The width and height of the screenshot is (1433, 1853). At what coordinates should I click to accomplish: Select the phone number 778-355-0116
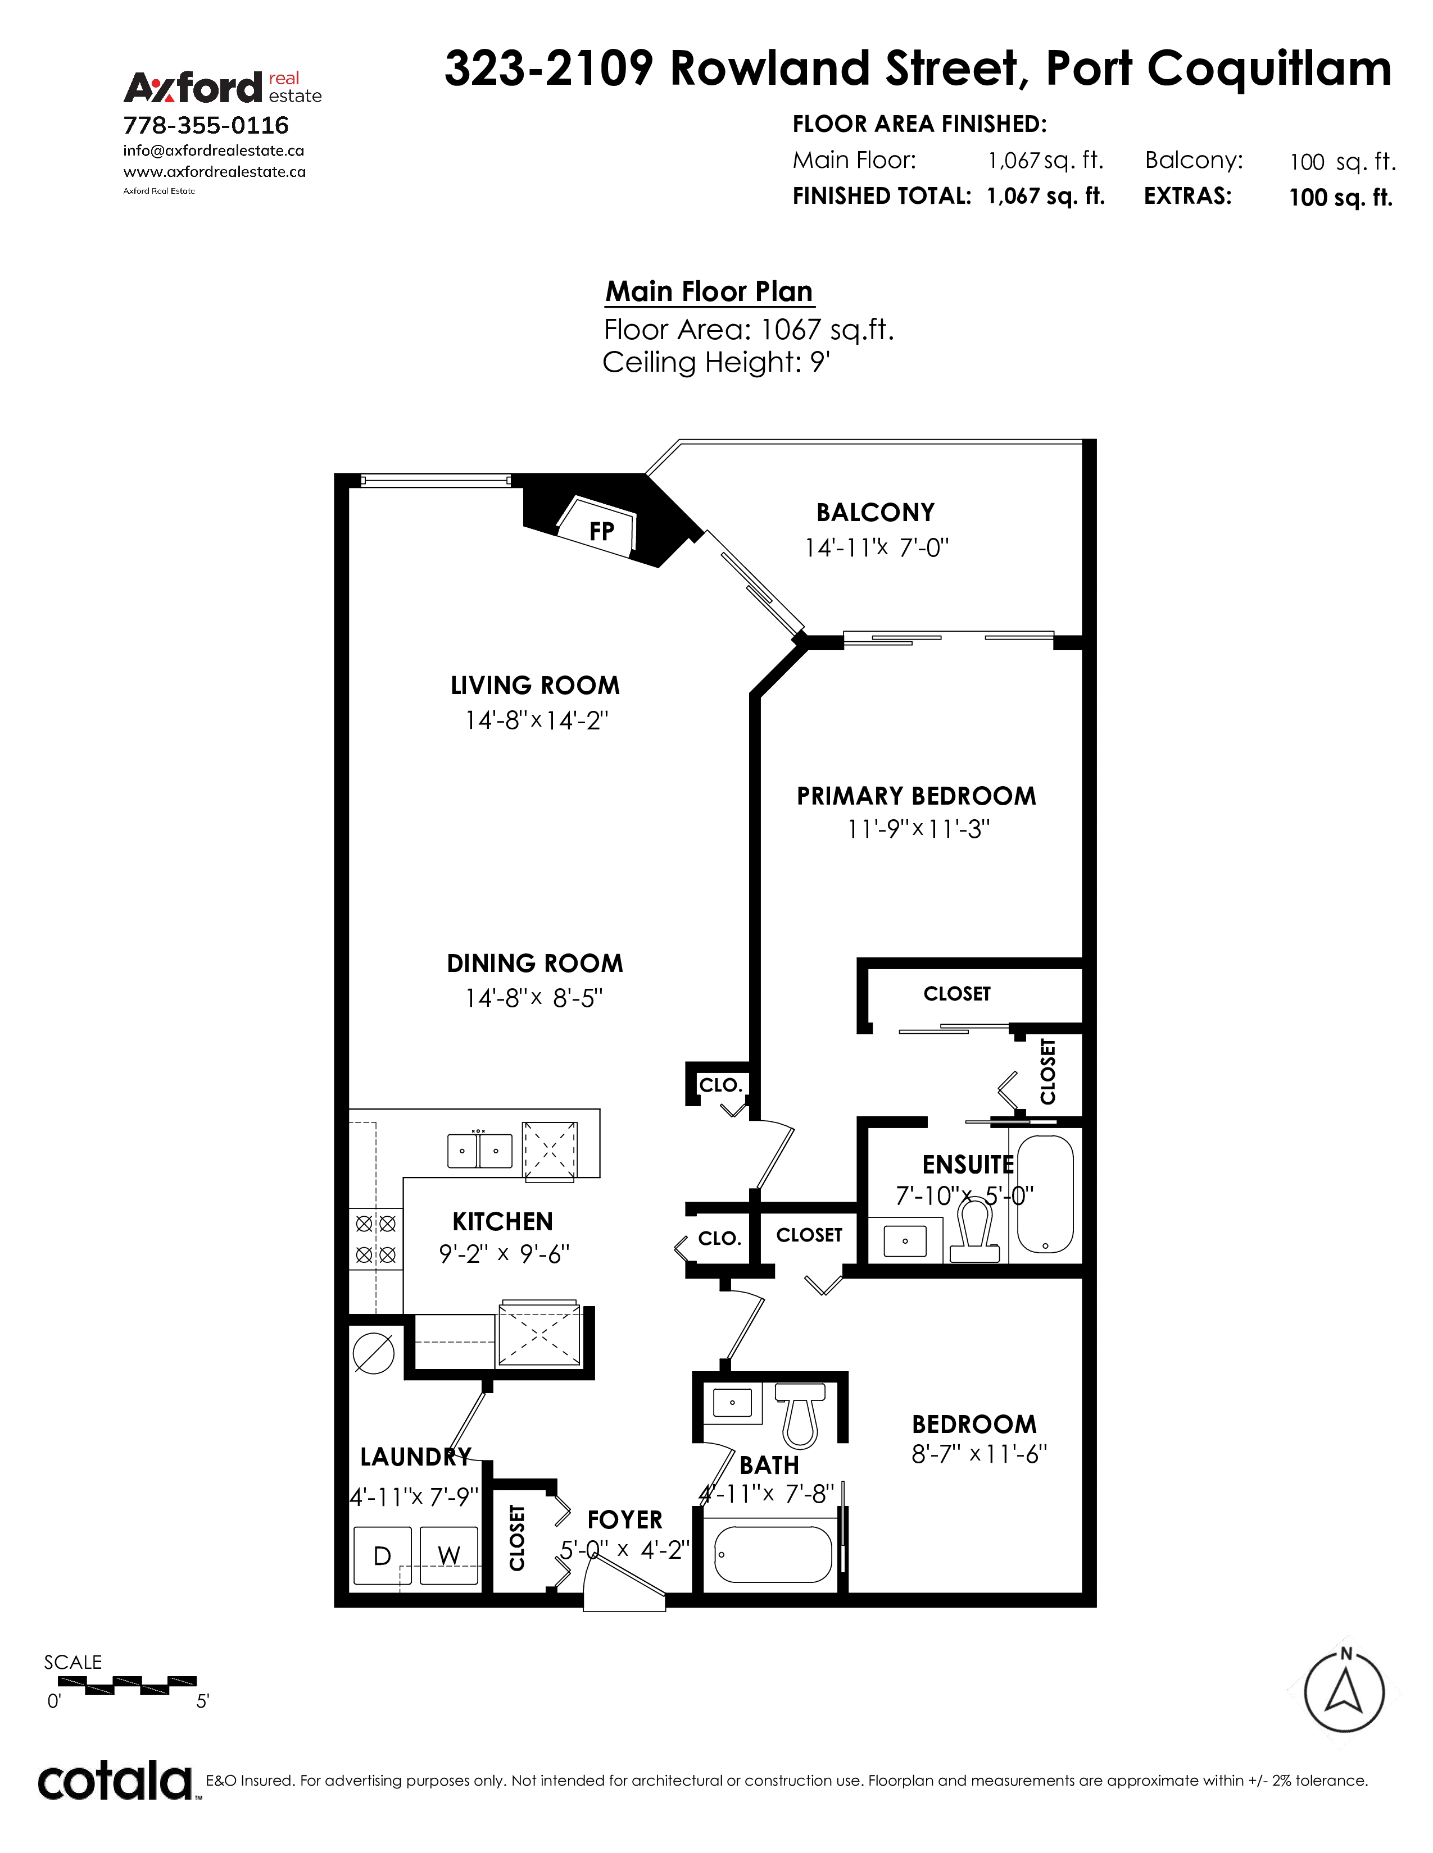click(x=206, y=126)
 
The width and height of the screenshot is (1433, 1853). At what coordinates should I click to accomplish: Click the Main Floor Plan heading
click(x=709, y=291)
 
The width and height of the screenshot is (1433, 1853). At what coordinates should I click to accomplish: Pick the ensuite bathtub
click(x=1045, y=1194)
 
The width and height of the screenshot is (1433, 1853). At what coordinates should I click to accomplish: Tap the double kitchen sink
click(x=480, y=1151)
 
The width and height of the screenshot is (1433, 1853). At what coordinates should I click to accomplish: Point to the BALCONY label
click(x=875, y=513)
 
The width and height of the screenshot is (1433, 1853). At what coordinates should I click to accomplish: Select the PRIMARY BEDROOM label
click(x=916, y=796)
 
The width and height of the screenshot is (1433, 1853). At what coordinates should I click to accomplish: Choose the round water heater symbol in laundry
click(x=374, y=1353)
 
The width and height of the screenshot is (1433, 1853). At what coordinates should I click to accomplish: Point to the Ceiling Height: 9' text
click(x=715, y=362)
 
